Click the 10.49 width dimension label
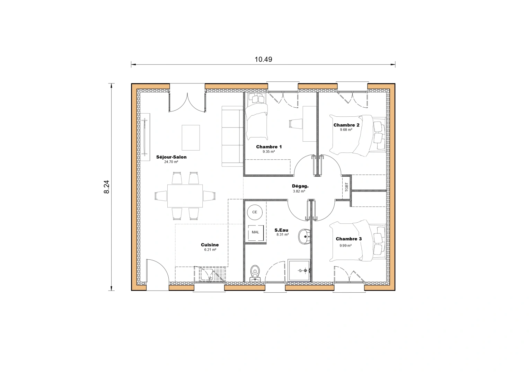(x=263, y=59)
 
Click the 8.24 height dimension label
(x=107, y=187)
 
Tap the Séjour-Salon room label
(x=171, y=157)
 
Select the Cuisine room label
(x=210, y=245)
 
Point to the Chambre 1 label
(x=269, y=147)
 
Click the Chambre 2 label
(x=346, y=125)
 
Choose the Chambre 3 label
(x=349, y=239)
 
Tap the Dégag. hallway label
(x=300, y=186)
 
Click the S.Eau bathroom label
(x=281, y=230)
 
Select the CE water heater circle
(x=255, y=212)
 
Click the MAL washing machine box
(x=255, y=232)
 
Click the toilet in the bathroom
(x=255, y=273)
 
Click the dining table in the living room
(x=185, y=196)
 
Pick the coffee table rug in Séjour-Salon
(x=191, y=137)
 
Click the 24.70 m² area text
(x=171, y=162)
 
